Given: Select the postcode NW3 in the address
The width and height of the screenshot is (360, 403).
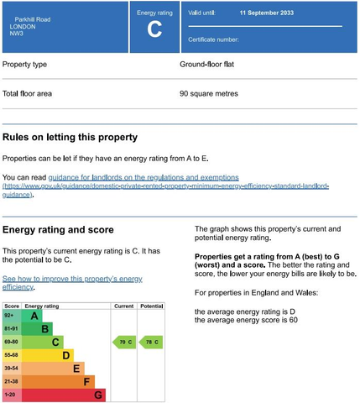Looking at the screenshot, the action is [15, 34].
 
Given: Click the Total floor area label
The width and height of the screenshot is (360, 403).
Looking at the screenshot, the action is [28, 93].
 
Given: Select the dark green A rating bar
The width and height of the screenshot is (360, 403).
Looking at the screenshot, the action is [34, 316].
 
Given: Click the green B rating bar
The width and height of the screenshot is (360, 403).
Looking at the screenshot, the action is [44, 328].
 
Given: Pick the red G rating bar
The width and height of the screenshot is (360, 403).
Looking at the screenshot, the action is [97, 394].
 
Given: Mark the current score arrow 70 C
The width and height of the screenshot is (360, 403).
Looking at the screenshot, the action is [123, 342].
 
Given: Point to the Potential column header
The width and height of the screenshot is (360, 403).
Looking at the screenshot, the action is [151, 307].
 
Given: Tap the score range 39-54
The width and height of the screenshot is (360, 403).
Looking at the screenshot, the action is [12, 368].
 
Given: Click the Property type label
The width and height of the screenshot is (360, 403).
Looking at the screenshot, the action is [25, 65].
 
